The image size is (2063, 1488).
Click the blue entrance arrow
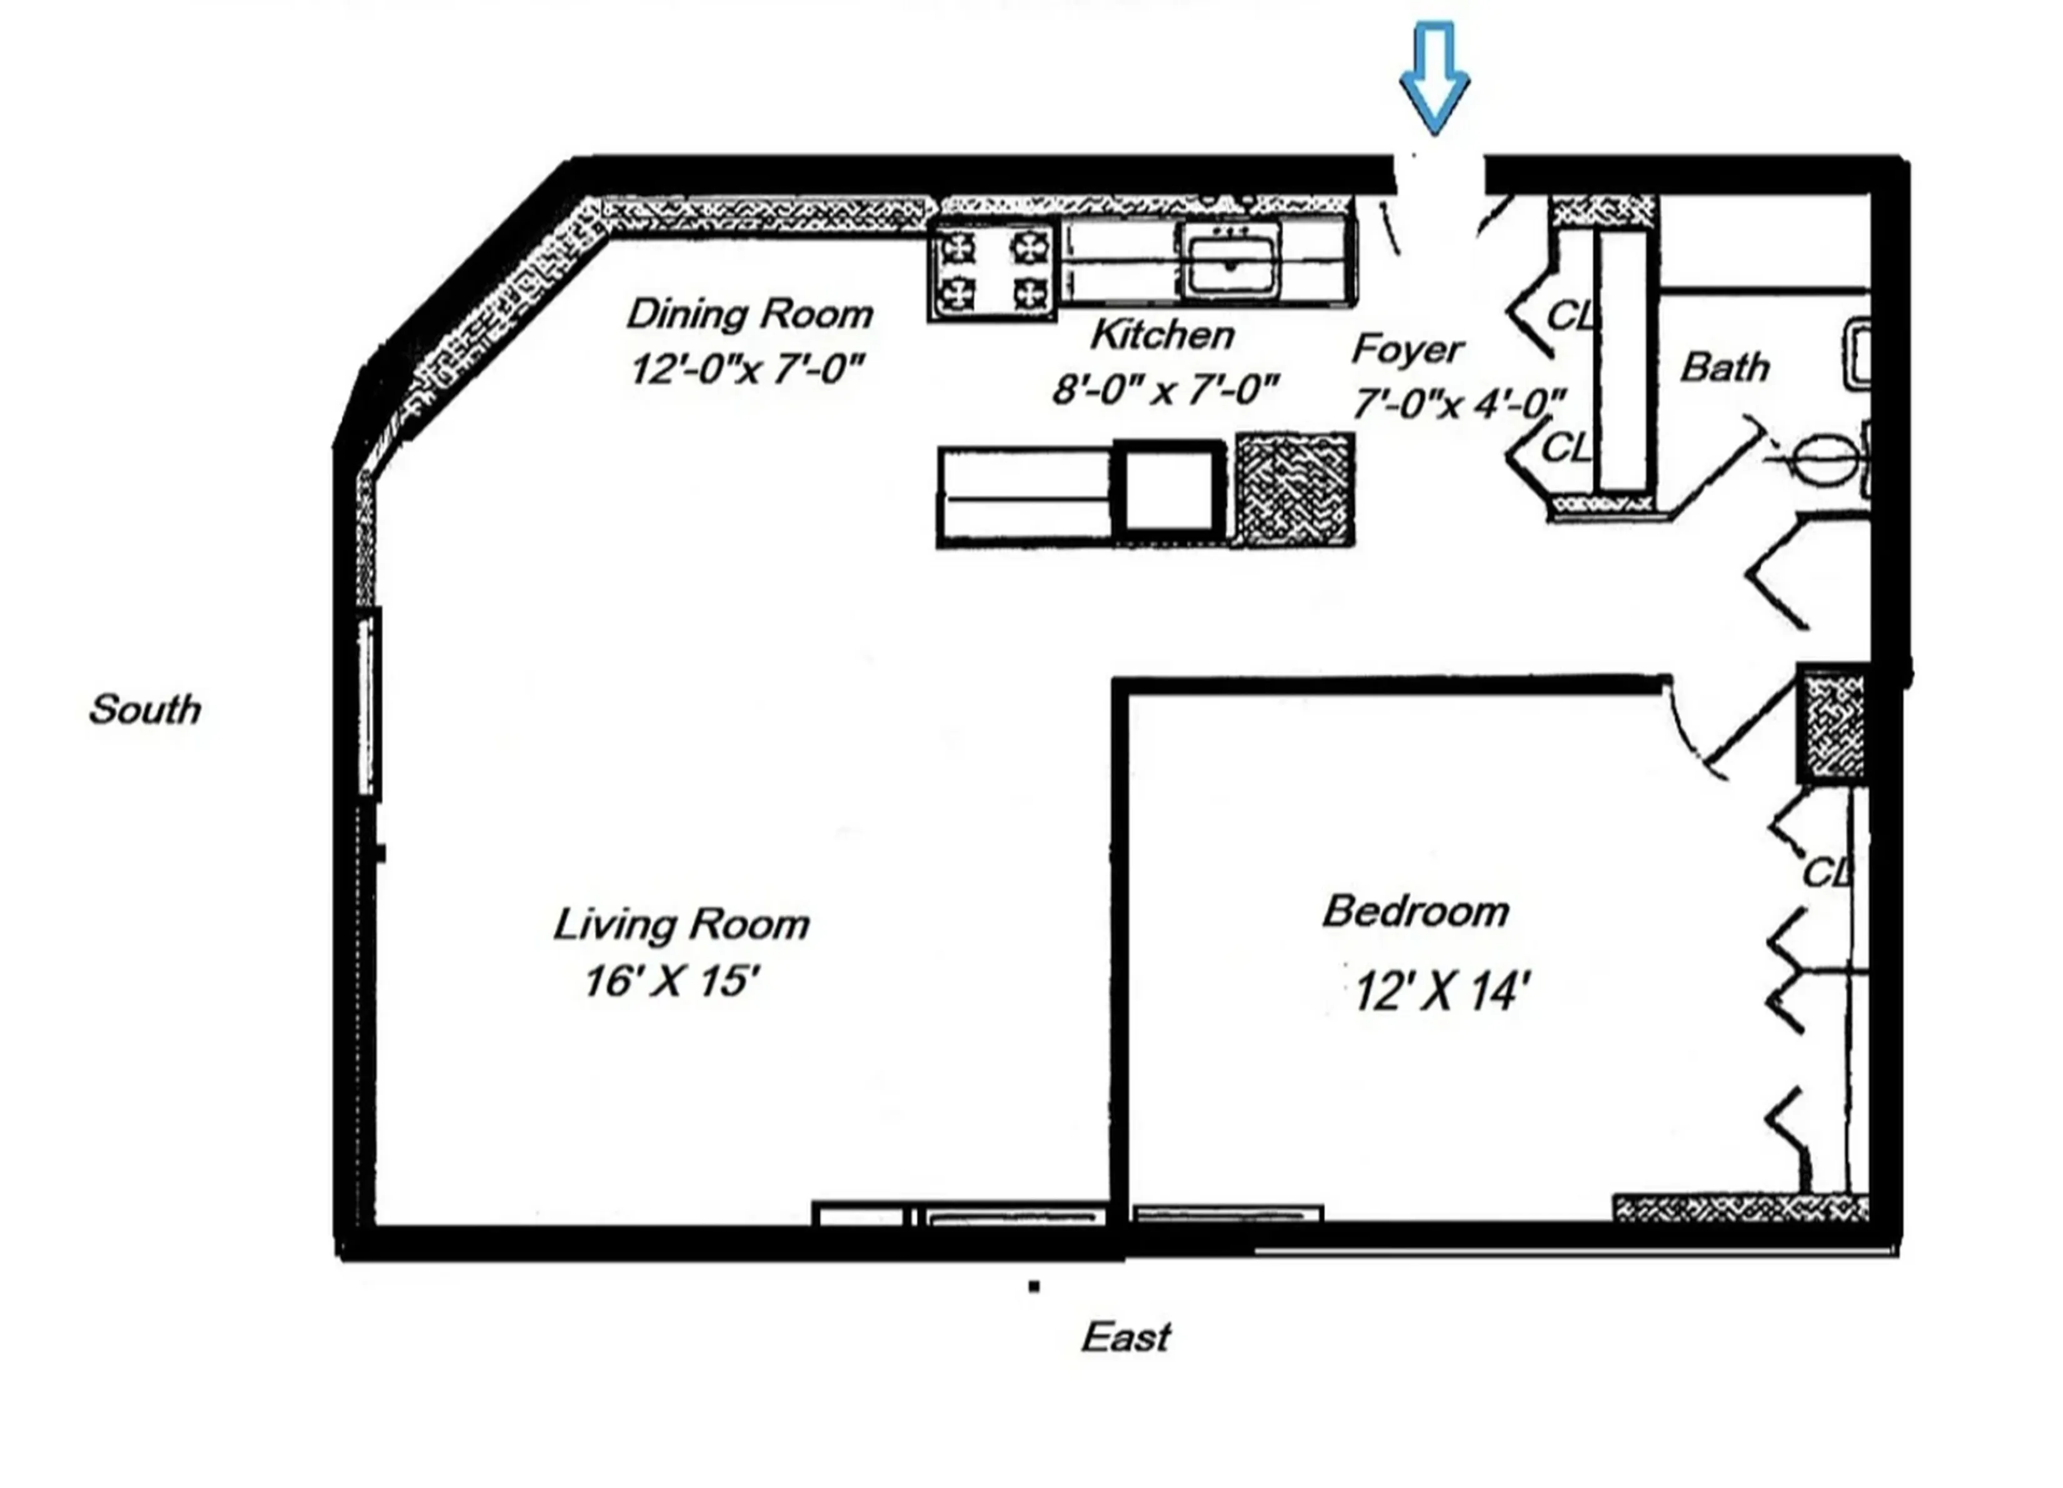click(x=1435, y=77)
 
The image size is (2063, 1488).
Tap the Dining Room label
click(x=750, y=315)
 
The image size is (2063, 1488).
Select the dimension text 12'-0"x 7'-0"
click(x=746, y=369)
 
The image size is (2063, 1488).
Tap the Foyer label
click(x=1407, y=349)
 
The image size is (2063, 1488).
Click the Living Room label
click(x=681, y=925)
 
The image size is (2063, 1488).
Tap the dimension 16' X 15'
click(x=671, y=981)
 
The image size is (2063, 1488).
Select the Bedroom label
click(x=1415, y=911)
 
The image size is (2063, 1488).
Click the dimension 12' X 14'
click(x=1442, y=991)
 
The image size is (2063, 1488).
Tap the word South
click(x=144, y=709)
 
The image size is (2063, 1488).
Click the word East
click(x=1125, y=1337)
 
